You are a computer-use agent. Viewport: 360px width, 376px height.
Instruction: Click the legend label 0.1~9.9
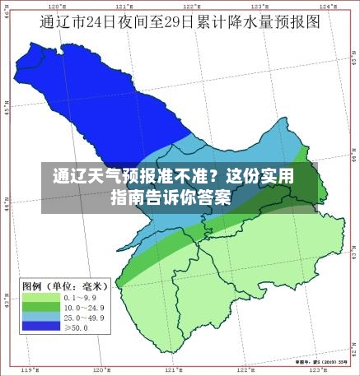(79, 297)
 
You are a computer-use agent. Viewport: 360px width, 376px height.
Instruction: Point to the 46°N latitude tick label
(7, 14)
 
